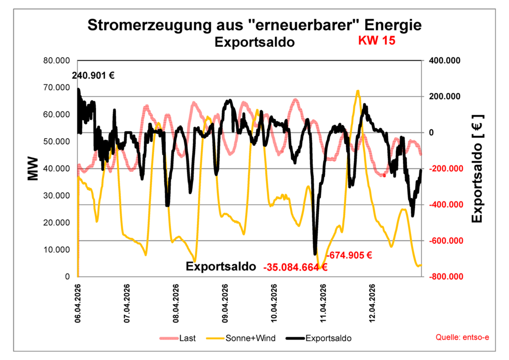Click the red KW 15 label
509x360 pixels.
point(377,41)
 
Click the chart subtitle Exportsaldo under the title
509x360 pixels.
point(254,42)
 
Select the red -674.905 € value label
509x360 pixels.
point(349,256)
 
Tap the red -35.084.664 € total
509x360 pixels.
point(295,267)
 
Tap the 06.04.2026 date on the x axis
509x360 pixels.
point(78,304)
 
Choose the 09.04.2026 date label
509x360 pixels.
point(225,304)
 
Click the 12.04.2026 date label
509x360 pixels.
point(372,304)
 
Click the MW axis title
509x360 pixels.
point(33,169)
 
